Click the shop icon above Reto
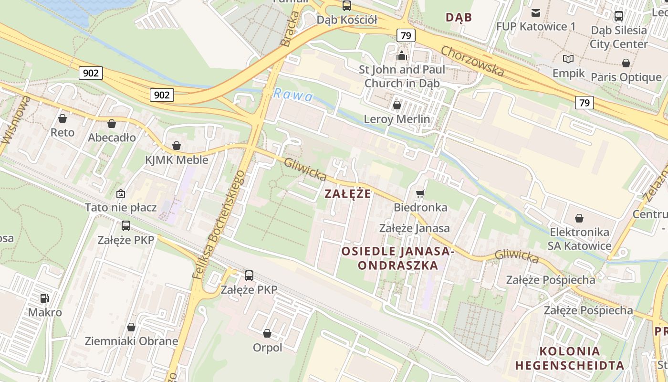[63, 118]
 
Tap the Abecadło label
[112, 138]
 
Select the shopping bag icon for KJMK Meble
[177, 146]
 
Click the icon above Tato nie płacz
[121, 193]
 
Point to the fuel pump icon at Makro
[45, 298]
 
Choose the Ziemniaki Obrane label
[131, 341]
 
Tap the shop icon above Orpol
[267, 333]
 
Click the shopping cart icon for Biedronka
[420, 193]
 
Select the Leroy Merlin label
[397, 119]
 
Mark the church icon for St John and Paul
[402, 56]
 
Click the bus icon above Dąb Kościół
[347, 6]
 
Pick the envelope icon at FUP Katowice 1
[536, 13]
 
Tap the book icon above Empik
[568, 59]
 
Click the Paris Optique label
[626, 77]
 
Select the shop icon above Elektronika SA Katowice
[579, 218]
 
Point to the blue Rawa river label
[293, 95]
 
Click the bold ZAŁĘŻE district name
[347, 194]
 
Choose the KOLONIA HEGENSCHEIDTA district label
[569, 358]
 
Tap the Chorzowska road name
[472, 61]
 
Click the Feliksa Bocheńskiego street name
[219, 224]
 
